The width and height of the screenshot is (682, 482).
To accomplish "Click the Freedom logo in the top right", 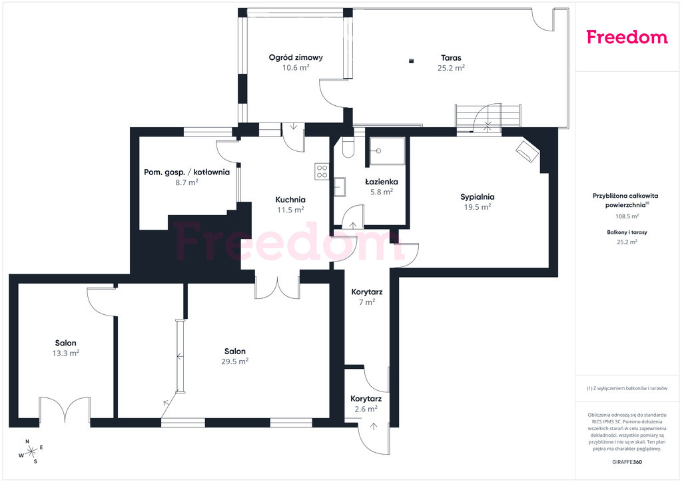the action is click(x=627, y=37).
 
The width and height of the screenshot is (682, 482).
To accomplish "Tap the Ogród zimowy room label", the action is click(x=296, y=57).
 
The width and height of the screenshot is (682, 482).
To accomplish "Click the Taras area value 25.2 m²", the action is click(x=451, y=68).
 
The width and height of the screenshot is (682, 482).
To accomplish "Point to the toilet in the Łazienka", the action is click(x=348, y=147).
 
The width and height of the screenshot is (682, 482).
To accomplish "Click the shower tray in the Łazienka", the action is click(x=387, y=151).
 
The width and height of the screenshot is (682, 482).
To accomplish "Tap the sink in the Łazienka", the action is click(x=340, y=187).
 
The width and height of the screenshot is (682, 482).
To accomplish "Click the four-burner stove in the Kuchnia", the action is click(x=322, y=171).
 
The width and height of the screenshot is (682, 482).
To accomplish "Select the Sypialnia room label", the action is click(x=478, y=197).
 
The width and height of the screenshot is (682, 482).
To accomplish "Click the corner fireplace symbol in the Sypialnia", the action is click(x=527, y=151).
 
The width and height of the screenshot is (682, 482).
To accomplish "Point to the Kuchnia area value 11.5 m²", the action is click(x=290, y=210).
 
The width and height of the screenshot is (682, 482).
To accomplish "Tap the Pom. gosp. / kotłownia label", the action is click(x=186, y=172).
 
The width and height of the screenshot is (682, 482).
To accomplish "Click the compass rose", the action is click(x=31, y=452).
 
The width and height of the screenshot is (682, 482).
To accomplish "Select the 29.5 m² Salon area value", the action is click(x=235, y=361).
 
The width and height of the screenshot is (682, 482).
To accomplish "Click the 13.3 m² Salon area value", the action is click(x=66, y=354).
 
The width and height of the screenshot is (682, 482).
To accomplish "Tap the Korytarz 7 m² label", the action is click(x=367, y=297).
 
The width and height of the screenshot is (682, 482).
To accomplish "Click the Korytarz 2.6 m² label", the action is click(x=366, y=403).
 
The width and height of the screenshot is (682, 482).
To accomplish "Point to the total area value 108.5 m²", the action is click(x=627, y=216).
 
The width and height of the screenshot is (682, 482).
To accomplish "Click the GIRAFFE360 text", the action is click(x=627, y=462).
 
